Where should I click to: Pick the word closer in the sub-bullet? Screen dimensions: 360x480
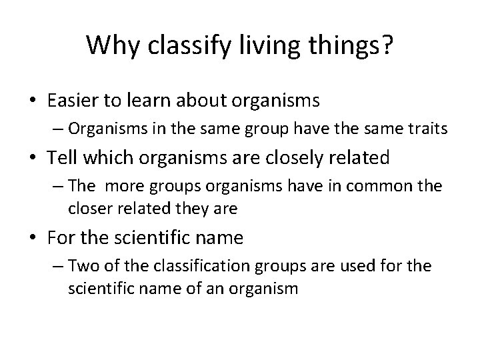[89, 209]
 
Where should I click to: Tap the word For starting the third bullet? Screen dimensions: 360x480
[62, 238]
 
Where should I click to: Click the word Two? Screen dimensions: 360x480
[81, 267]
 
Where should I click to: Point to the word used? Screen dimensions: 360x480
[347, 267]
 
